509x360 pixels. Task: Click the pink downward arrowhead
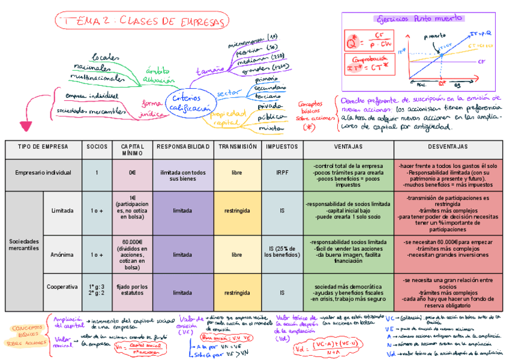click(26, 126)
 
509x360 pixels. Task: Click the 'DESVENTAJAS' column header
click(448, 146)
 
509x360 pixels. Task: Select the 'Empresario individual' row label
click(43, 173)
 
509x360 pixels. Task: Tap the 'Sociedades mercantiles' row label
click(24, 244)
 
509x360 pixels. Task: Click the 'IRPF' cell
click(282, 173)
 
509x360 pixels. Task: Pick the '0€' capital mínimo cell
click(132, 173)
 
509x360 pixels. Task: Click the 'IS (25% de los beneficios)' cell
click(282, 254)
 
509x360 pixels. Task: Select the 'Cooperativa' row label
click(62, 287)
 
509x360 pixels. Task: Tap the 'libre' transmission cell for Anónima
click(237, 254)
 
